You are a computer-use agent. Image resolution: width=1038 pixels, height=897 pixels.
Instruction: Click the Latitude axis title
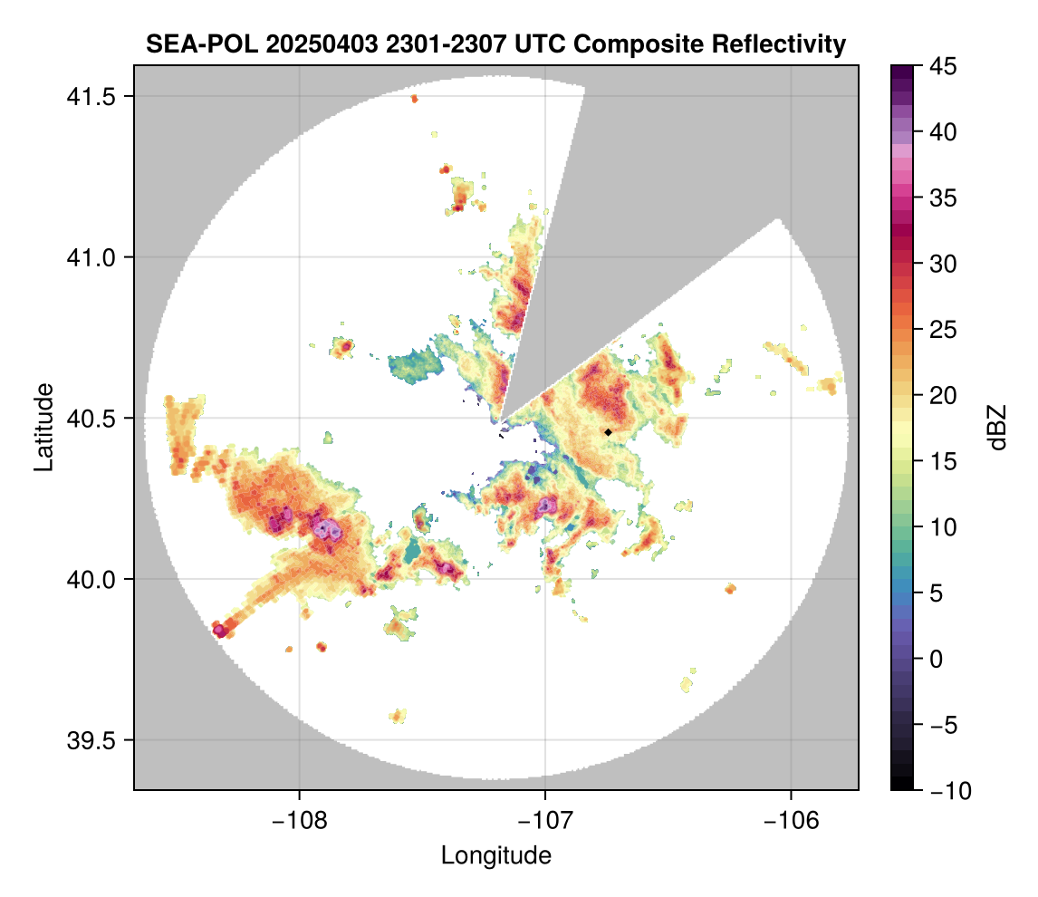pos(43,427)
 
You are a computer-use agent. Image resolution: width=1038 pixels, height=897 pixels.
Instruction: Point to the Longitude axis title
pos(495,854)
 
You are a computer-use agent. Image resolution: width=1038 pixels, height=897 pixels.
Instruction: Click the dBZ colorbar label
pos(997,427)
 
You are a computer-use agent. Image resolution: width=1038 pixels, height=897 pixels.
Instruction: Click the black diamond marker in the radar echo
pos(608,432)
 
